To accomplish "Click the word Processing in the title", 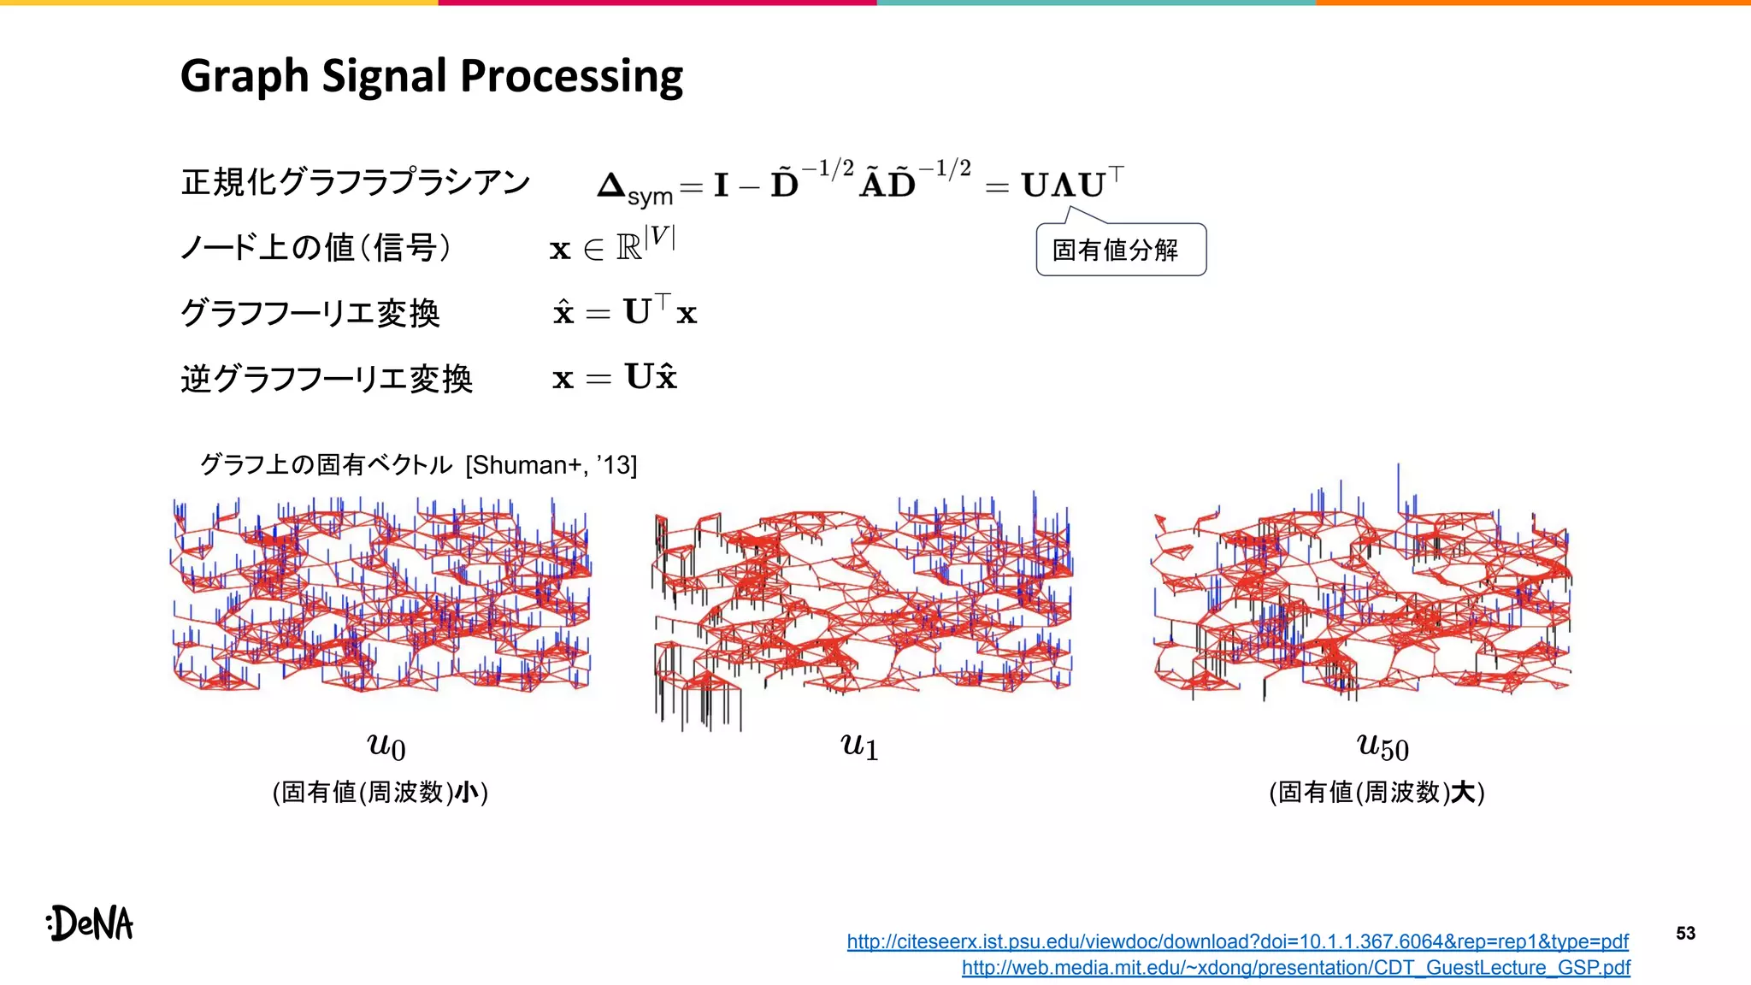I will pyautogui.click(x=571, y=77).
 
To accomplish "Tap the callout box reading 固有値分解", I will pyautogui.click(x=1120, y=251).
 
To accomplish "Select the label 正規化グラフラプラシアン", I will pyautogui.click(x=356, y=183).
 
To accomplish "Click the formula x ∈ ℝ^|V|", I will pyautogui.click(x=612, y=245).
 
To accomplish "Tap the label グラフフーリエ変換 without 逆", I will pyautogui.click(x=310, y=313).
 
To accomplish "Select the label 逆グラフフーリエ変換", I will pyautogui.click(x=327, y=378).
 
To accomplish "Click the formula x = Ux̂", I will pyautogui.click(x=615, y=377).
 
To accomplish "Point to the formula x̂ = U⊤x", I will pyautogui.click(x=625, y=311).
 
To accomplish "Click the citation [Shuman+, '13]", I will pyautogui.click(x=551, y=465).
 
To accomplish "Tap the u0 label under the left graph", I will pyautogui.click(x=386, y=746).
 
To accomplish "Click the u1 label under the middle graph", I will pyautogui.click(x=859, y=746).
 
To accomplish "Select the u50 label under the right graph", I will pyautogui.click(x=1383, y=746).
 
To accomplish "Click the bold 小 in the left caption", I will pyautogui.click(x=467, y=793).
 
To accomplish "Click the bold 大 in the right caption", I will pyautogui.click(x=1464, y=793).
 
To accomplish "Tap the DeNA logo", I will pyautogui.click(x=91, y=923).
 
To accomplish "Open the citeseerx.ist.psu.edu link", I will pyautogui.click(x=1237, y=941).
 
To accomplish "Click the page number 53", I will pyautogui.click(x=1685, y=933).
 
